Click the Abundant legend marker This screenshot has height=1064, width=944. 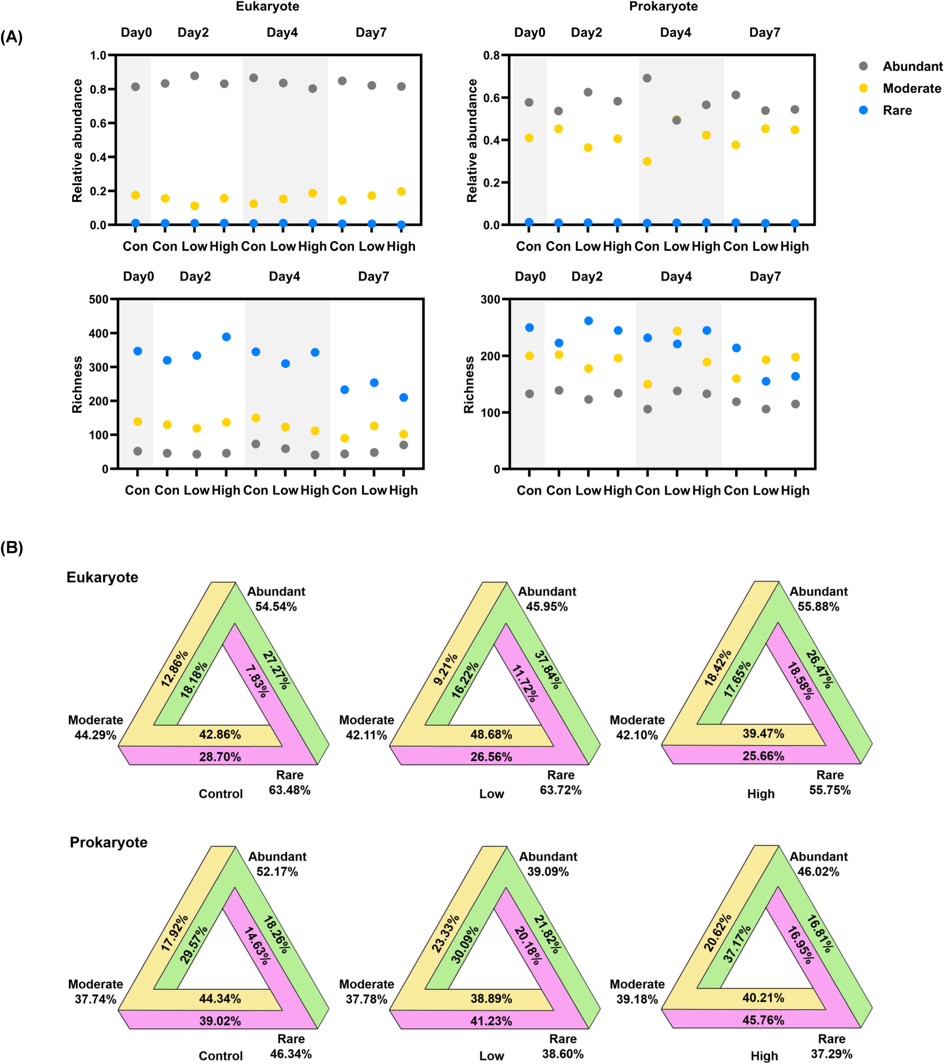pos(863,66)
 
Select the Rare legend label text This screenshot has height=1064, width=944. pos(897,110)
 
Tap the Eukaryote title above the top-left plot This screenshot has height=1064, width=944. pos(267,7)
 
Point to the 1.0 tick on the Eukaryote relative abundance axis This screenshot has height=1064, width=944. pos(98,55)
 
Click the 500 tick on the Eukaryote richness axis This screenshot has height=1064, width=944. pos(98,299)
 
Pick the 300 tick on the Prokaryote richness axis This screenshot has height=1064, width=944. pos(490,299)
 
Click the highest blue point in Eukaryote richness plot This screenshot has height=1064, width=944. pos(226,337)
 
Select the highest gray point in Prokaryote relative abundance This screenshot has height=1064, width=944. pos(646,78)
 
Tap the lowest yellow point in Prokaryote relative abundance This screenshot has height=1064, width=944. pos(646,161)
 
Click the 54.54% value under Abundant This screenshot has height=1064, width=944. pos(276,606)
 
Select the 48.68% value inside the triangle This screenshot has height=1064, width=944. pos(491,735)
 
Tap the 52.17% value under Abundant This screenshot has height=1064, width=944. pos(277,871)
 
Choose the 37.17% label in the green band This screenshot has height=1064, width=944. pos(737,943)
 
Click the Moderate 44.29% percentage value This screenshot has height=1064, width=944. pos(95,735)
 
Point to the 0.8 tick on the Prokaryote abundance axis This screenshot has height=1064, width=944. pos(491,55)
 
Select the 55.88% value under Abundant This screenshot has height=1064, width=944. pos(818,606)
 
